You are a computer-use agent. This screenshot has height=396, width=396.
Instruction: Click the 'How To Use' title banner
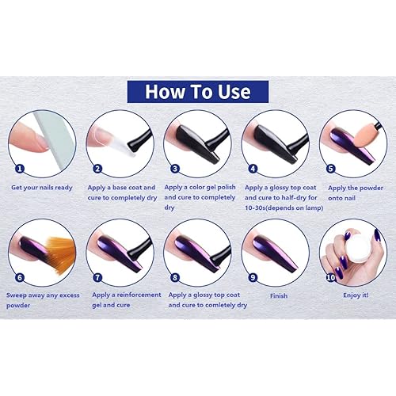pyautogui.click(x=198, y=92)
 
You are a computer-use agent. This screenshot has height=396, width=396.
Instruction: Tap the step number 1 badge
pyautogui.click(x=20, y=169)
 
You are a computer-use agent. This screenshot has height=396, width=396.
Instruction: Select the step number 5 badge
pyautogui.click(x=331, y=169)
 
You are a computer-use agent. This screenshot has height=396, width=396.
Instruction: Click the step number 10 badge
pyautogui.click(x=331, y=277)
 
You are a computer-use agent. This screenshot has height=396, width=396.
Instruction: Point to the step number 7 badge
pyautogui.click(x=97, y=277)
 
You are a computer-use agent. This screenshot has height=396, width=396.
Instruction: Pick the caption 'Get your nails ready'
pyautogui.click(x=42, y=188)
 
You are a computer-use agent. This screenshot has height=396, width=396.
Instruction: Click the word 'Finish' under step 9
pyautogui.click(x=279, y=295)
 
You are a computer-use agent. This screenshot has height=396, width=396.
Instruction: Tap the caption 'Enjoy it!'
pyautogui.click(x=356, y=295)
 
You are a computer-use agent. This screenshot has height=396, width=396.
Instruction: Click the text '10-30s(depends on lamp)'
pyautogui.click(x=284, y=208)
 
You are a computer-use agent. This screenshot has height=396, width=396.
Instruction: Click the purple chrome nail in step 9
pyautogui.click(x=276, y=254)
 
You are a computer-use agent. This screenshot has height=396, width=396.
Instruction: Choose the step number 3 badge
pyautogui.click(x=175, y=169)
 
